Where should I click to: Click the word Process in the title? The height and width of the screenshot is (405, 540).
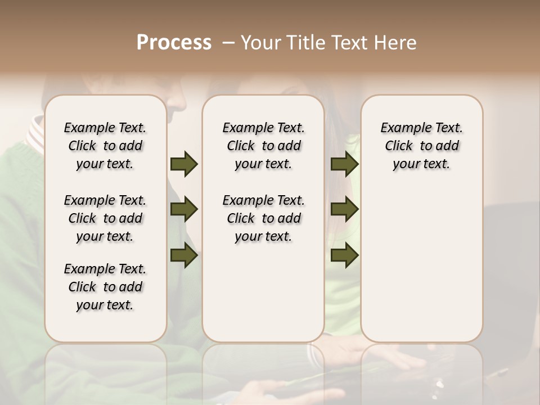(x=174, y=43)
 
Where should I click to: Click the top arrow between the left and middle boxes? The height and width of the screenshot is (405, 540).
(x=184, y=164)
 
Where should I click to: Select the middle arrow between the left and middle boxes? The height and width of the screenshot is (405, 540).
(x=184, y=209)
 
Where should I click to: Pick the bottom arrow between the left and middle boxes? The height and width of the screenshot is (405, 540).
(x=184, y=255)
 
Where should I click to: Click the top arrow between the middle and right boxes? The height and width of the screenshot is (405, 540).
(x=344, y=164)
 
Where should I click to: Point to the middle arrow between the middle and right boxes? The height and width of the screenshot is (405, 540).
(x=344, y=209)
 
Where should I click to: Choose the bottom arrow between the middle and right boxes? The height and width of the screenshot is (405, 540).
(x=344, y=255)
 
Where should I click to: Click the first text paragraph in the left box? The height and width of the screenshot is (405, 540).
(x=105, y=146)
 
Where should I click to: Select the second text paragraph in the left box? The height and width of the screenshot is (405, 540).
(x=105, y=218)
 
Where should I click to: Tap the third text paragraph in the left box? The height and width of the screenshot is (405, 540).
(x=105, y=287)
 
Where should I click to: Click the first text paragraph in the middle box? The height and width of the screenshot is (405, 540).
(x=263, y=146)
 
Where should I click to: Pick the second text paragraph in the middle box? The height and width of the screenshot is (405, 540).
(x=263, y=218)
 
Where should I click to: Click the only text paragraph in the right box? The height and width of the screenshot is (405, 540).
(x=421, y=146)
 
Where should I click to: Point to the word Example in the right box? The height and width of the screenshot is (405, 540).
(x=401, y=128)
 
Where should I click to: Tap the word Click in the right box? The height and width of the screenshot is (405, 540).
(x=399, y=146)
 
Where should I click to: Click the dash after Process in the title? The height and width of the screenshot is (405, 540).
(x=228, y=43)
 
